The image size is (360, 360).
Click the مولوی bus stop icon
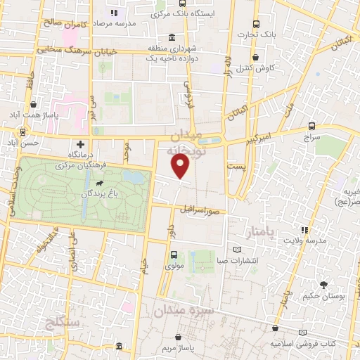pyautogui.click(x=174, y=255)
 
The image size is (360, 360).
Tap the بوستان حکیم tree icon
pyautogui.click(x=323, y=285)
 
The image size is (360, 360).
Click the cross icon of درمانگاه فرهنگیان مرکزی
pyautogui.click(x=82, y=143)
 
